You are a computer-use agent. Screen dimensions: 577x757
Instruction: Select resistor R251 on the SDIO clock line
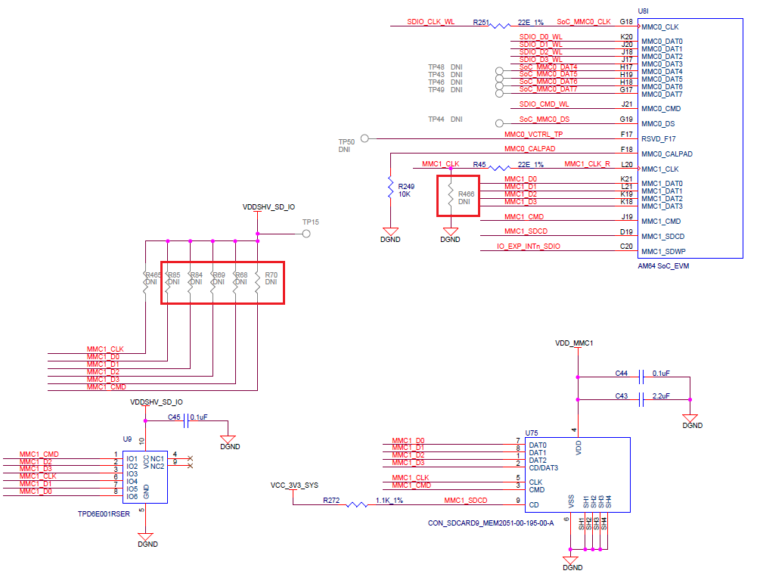coord(500,26)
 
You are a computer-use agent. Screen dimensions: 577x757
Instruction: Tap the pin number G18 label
coord(626,22)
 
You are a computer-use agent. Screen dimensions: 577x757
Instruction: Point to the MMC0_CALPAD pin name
coord(666,154)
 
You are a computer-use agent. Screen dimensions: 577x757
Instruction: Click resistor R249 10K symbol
coord(390,186)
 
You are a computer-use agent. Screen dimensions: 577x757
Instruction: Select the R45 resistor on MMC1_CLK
coord(500,168)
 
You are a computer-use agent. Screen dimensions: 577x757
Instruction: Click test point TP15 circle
coord(306,234)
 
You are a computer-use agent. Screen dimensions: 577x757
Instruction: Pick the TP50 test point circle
coord(365,138)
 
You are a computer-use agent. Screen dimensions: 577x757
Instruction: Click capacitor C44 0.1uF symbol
coord(641,375)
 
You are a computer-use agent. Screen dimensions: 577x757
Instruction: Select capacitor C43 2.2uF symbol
coord(641,398)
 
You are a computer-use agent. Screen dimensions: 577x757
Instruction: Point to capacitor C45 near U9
coord(187,418)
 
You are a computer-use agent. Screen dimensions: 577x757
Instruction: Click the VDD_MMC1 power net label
coord(574,343)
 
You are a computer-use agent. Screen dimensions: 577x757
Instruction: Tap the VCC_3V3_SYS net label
coord(294,485)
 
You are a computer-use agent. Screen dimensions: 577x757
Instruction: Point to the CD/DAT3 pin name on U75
coord(544,468)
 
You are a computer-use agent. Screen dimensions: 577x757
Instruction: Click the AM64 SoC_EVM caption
coord(664,266)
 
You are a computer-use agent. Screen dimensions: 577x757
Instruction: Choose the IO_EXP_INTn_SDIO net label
coord(528,247)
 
